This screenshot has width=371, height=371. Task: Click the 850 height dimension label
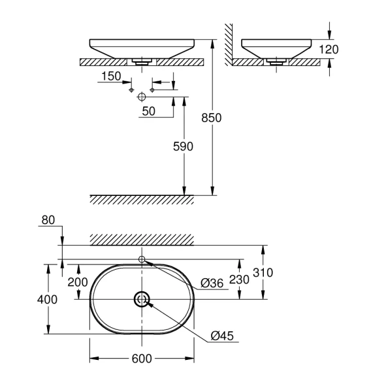211,118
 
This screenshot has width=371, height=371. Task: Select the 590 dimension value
183,146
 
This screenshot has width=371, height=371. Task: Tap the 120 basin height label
329,50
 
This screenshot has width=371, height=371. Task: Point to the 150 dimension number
111,76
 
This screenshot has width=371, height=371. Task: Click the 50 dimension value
148,111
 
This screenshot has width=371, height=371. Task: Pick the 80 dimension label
48,220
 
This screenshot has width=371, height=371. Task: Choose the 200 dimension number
78,282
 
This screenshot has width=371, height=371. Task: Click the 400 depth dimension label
47,300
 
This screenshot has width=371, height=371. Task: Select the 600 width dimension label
142,359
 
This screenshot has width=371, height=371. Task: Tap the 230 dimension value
239,280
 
